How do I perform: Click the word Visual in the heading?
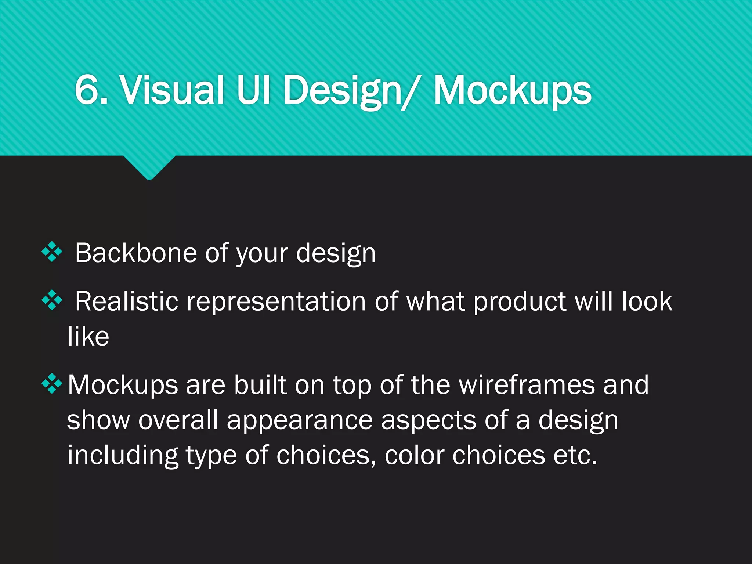[172, 90]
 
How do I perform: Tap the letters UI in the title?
[254, 90]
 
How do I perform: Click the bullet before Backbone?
[52, 252]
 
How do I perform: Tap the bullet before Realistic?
[52, 300]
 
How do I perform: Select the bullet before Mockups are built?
[52, 383]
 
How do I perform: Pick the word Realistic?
[126, 301]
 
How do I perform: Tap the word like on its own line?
[88, 336]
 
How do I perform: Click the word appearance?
[300, 421]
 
